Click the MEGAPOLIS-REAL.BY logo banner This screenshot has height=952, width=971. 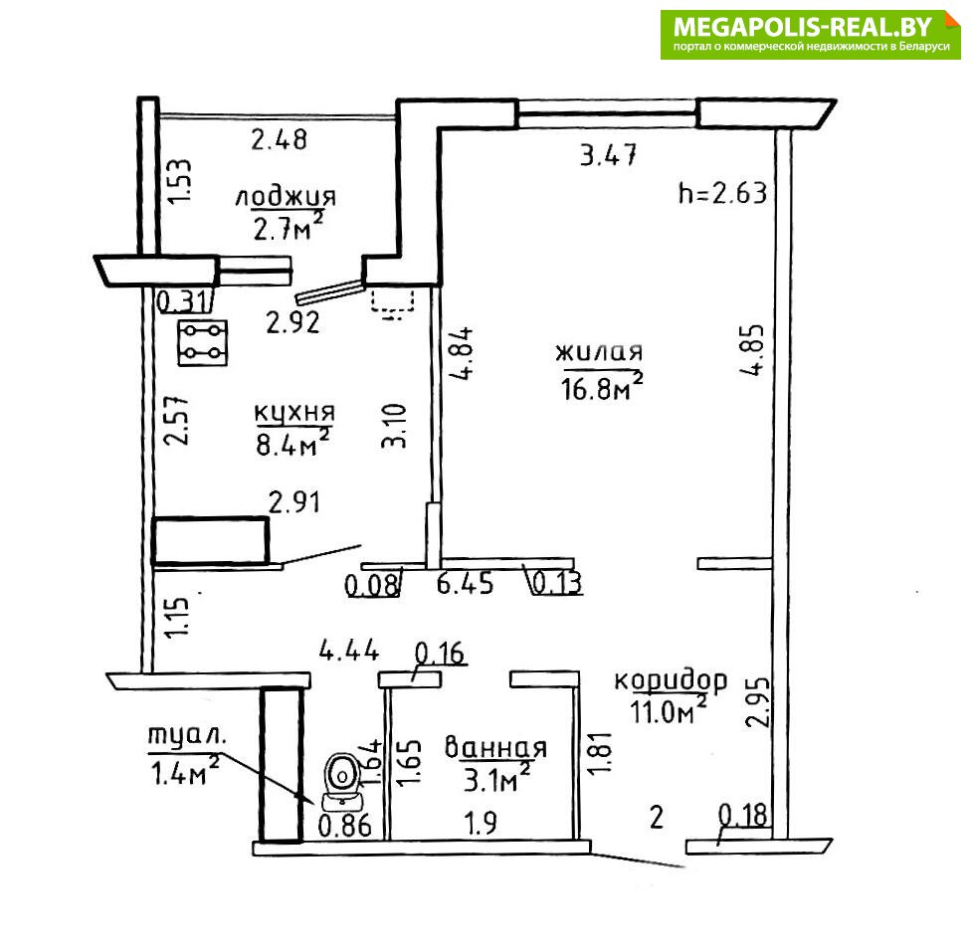tap(810, 35)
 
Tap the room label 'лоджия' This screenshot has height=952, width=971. tap(286, 196)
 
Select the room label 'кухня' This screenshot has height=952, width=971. tap(294, 413)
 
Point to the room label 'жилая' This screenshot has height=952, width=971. tap(599, 352)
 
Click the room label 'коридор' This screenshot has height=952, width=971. tap(671, 680)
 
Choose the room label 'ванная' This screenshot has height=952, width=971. tap(496, 748)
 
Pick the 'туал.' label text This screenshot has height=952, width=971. tap(187, 736)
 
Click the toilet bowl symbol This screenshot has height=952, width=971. tap(341, 781)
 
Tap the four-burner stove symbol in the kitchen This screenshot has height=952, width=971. tap(203, 342)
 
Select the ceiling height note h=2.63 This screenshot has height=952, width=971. tap(722, 193)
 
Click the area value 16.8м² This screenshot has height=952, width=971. tap(601, 388)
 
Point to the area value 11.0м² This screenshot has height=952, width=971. tap(669, 710)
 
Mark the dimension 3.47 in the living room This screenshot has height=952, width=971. tap(608, 155)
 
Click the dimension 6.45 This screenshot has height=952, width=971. tap(465, 584)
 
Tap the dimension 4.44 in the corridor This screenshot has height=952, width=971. tap(348, 651)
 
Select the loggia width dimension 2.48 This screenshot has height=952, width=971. tap(279, 139)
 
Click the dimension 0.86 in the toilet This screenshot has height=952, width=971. tap(345, 825)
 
